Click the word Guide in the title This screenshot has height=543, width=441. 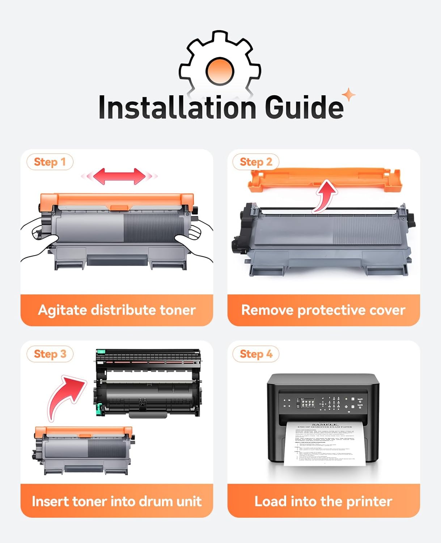304,107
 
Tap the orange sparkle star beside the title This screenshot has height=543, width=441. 349,95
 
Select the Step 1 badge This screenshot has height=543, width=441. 50,162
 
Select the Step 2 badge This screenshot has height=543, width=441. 256,162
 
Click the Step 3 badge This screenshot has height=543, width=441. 50,354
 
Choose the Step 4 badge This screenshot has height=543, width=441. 256,354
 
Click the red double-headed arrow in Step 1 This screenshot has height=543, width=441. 119,176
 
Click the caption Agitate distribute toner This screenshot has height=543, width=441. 116,310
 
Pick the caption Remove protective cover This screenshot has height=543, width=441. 323,310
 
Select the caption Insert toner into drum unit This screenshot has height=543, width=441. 116,501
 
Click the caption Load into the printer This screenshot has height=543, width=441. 323,501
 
